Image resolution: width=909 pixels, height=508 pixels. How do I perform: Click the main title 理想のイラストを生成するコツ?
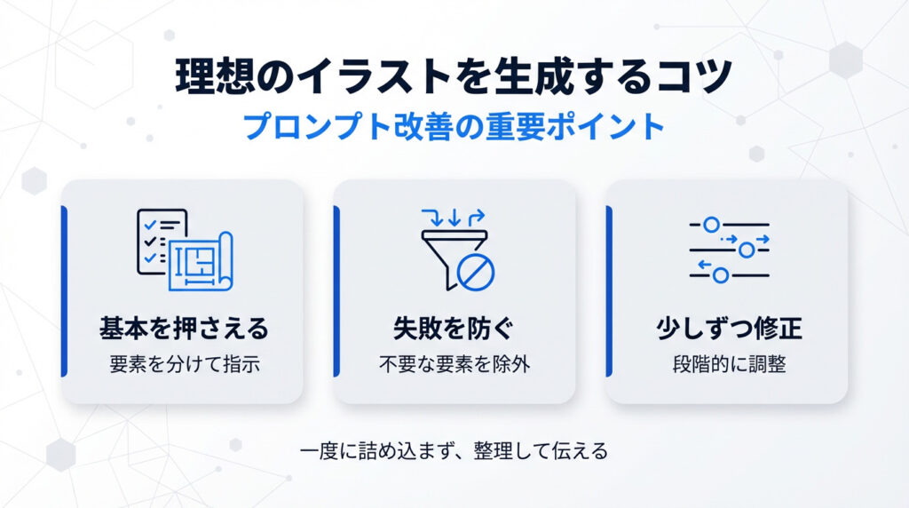tap(454, 78)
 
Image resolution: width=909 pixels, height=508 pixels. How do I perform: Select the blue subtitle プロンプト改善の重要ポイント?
tap(454, 125)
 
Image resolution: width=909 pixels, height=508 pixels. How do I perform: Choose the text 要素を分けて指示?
tap(185, 364)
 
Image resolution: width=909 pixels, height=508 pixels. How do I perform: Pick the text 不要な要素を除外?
tap(454, 364)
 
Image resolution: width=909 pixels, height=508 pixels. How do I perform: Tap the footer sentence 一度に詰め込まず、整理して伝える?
tap(454, 451)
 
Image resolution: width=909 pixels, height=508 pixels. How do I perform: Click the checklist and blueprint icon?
tap(184, 250)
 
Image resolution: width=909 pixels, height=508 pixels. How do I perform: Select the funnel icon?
tap(448, 258)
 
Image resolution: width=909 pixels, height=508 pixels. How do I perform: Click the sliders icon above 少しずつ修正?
tap(728, 250)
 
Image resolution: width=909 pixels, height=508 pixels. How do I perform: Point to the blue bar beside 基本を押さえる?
tap(64, 291)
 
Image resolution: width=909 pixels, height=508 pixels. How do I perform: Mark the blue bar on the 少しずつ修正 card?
tap(610, 291)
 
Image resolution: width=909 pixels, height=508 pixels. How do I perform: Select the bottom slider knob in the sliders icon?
tap(721, 275)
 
